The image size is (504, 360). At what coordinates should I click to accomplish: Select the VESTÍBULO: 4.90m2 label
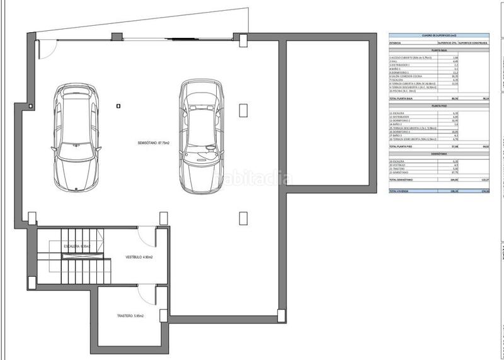(140, 257)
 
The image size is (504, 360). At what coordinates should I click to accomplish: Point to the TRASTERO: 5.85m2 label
(130, 316)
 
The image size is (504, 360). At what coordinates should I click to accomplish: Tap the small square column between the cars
(118, 106)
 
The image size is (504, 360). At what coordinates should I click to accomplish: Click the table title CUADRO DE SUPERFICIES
(438, 35)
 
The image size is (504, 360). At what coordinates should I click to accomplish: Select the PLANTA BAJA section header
(438, 52)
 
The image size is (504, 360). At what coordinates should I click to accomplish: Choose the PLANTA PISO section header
(438, 107)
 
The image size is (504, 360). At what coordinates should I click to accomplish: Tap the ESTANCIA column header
(396, 44)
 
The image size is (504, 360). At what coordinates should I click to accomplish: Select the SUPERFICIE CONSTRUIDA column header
(474, 44)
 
